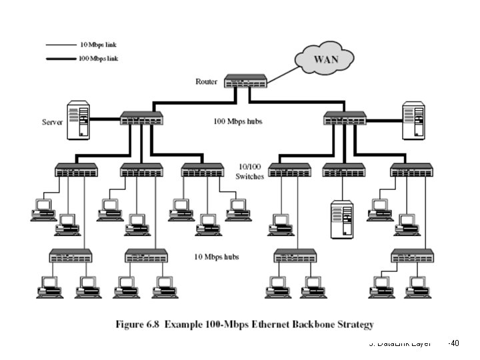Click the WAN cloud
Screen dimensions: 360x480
click(326, 59)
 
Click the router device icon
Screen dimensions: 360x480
click(246, 82)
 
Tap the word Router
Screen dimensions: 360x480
click(206, 82)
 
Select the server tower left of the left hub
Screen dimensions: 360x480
click(79, 120)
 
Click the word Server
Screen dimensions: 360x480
click(53, 122)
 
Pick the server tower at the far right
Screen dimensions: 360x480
click(413, 120)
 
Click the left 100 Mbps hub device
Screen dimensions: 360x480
click(141, 119)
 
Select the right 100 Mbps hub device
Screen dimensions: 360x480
click(345, 119)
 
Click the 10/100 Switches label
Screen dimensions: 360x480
click(250, 171)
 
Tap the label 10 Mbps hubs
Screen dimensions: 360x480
click(217, 257)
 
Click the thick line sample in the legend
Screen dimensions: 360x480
click(61, 58)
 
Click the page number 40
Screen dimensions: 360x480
click(455, 343)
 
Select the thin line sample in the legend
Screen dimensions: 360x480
click(61, 45)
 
